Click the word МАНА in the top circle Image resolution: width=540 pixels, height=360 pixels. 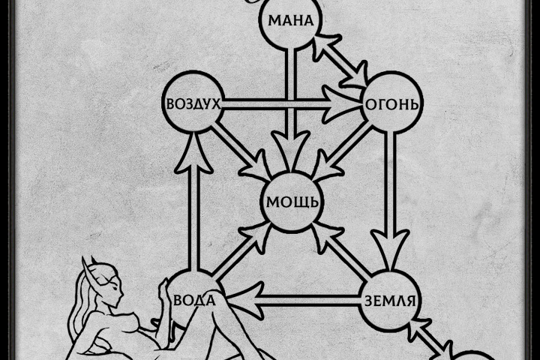pyautogui.click(x=291, y=21)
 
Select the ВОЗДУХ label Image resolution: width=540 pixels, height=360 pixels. pyautogui.click(x=193, y=103)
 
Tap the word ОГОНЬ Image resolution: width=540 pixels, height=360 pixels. pyautogui.click(x=392, y=103)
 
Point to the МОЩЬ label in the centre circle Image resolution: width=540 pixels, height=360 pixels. pyautogui.click(x=292, y=202)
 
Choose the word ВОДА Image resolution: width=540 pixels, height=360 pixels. pyautogui.click(x=194, y=300)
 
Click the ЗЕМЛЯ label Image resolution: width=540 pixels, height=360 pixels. pyautogui.click(x=390, y=301)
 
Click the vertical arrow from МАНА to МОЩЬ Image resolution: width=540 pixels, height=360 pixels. pyautogui.click(x=291, y=110)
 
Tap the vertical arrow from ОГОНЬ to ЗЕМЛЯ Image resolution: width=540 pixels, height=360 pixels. pyautogui.click(x=390, y=199)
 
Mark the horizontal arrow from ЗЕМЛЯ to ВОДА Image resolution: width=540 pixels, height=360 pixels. pyautogui.click(x=292, y=301)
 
